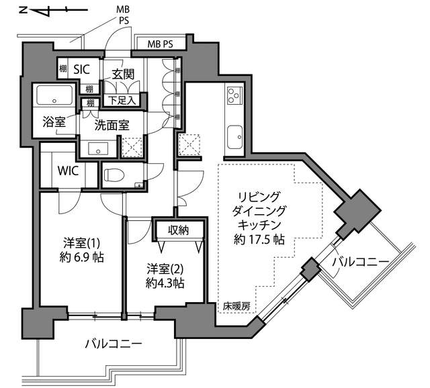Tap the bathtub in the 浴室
point(54,95)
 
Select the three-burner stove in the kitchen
point(234,95)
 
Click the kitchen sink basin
point(234,137)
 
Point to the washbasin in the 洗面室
point(98,149)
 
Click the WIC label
point(68,171)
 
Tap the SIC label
point(82,69)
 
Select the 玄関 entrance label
point(123,74)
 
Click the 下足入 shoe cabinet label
point(122,101)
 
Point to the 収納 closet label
point(179,230)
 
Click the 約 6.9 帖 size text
point(81,258)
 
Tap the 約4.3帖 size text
point(165,283)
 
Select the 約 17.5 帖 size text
point(259,240)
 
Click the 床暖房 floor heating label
point(236,307)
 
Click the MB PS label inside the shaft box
point(161,44)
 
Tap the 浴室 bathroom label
point(54,122)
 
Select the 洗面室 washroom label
point(112,126)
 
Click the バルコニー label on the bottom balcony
point(114,343)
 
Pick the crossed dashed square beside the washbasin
point(132,147)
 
